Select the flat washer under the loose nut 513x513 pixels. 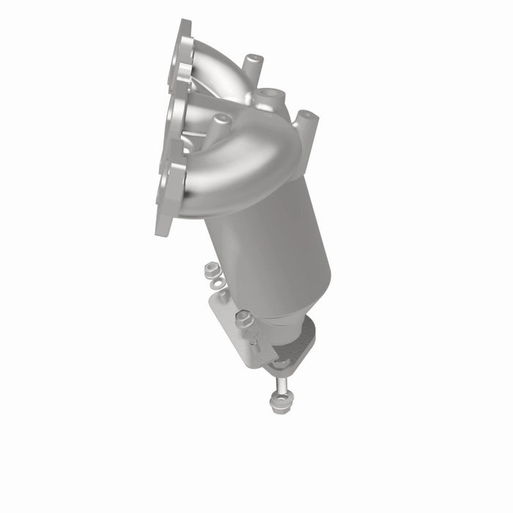point(214,282)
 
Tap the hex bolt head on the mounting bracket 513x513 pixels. point(244,320)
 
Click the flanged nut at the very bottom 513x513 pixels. point(278,401)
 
